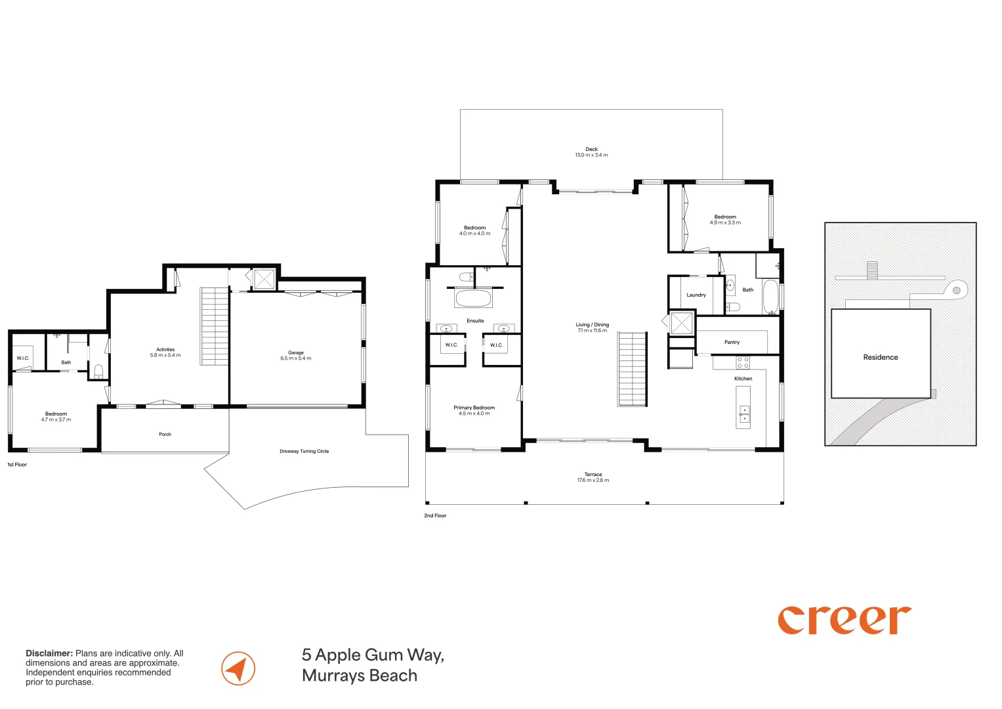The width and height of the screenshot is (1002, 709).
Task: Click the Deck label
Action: (x=591, y=149)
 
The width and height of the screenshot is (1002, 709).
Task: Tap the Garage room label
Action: (x=296, y=353)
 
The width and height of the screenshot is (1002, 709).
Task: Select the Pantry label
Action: (x=732, y=342)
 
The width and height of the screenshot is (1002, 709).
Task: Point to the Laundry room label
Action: (x=696, y=295)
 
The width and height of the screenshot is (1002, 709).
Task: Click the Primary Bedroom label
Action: (x=474, y=408)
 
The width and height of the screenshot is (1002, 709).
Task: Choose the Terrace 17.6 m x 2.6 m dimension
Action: (x=593, y=481)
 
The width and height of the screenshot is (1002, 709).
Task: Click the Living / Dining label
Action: (x=593, y=324)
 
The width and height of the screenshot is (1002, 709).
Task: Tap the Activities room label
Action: (x=165, y=349)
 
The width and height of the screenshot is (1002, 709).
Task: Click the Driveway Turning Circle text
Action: (x=304, y=451)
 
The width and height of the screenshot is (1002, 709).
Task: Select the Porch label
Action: (x=165, y=434)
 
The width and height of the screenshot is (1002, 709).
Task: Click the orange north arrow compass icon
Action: (x=238, y=668)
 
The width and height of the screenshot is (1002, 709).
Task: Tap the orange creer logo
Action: (x=845, y=620)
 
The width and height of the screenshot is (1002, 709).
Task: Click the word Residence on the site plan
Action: (x=881, y=357)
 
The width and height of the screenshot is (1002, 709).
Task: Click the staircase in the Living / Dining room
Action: (x=632, y=369)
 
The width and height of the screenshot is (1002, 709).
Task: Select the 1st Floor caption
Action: (x=17, y=465)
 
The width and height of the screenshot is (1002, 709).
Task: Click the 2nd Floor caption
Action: (x=435, y=515)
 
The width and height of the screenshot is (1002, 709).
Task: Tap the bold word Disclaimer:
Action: (x=49, y=653)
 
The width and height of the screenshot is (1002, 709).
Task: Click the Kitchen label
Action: (x=743, y=379)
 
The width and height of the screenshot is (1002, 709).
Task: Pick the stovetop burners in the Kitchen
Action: (x=743, y=362)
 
